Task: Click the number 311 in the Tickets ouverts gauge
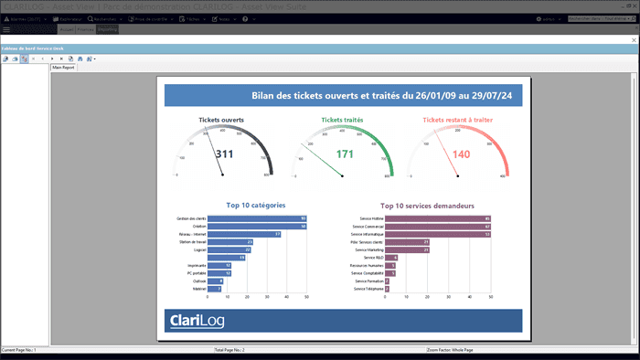[x=225, y=154]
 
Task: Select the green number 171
[x=345, y=154]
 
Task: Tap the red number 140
[x=461, y=154]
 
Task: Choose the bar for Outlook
[x=214, y=281]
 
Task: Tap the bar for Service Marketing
[x=409, y=249]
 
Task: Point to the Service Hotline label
[x=373, y=219]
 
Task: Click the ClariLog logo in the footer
[x=197, y=321]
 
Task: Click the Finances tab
[x=84, y=29]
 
